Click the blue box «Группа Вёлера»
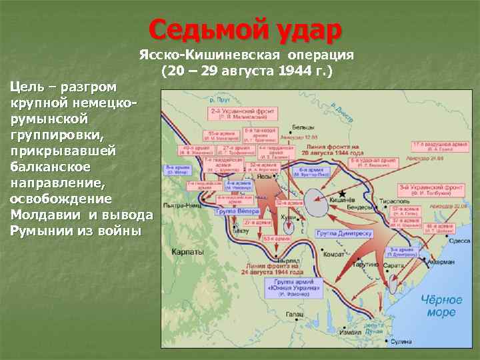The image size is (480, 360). click(235, 211)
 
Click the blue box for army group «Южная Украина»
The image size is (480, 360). click(291, 287)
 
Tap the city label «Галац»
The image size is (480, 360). click(295, 314)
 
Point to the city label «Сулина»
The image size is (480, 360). click(402, 341)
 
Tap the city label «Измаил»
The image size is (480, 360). click(351, 331)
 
